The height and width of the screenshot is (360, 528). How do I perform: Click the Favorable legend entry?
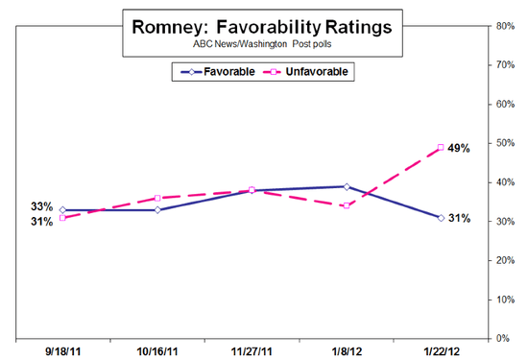click(x=215, y=70)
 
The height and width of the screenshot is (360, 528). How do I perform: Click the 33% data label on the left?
click(x=42, y=206)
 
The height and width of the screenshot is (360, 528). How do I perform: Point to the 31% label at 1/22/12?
click(x=461, y=218)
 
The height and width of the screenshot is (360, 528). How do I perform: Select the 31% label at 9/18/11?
click(x=42, y=222)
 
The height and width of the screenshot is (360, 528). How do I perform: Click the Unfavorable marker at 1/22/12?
click(x=440, y=147)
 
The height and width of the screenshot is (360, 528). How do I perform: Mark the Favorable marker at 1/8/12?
click(x=346, y=186)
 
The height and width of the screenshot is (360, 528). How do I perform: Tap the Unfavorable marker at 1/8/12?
click(x=346, y=205)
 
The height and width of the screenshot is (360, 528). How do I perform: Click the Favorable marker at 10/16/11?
click(x=156, y=209)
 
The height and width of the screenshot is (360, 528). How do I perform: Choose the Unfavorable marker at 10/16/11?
click(x=156, y=198)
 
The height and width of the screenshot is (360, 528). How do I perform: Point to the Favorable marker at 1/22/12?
click(x=440, y=218)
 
